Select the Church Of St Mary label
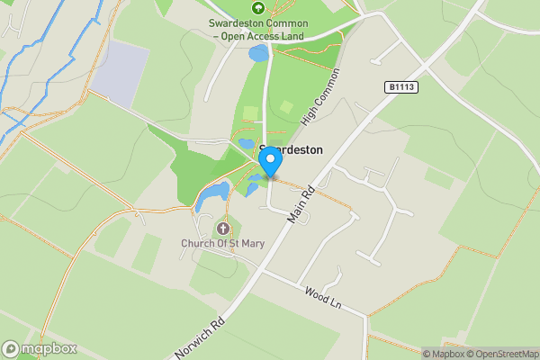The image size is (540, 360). (x=222, y=242)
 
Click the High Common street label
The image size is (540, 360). (x=322, y=96)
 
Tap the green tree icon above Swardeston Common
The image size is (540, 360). (x=258, y=7)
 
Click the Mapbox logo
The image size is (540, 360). (x=40, y=348)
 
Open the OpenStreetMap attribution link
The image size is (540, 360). (x=500, y=354)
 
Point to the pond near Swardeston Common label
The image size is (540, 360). (x=258, y=54)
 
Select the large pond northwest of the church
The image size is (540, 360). (x=213, y=194)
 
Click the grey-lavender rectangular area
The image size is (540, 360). (x=120, y=72)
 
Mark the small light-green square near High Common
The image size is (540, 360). (x=286, y=106)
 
